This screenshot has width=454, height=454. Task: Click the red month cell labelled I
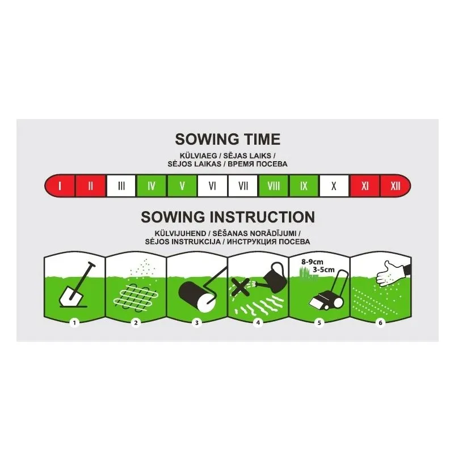(x=60, y=186)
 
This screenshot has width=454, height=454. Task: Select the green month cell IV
(x=152, y=186)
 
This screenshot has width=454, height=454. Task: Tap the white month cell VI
(x=212, y=186)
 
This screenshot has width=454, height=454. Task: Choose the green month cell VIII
(x=274, y=186)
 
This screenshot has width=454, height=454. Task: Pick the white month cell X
(x=334, y=186)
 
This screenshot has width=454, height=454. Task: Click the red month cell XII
(x=396, y=186)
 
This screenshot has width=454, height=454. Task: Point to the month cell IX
(x=304, y=186)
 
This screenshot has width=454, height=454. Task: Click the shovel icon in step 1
(x=77, y=285)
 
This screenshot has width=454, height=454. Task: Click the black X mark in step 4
(x=240, y=287)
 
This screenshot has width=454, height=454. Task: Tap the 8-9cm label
(x=313, y=262)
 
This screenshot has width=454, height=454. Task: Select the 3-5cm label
(x=323, y=270)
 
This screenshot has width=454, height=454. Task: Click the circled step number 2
(x=136, y=322)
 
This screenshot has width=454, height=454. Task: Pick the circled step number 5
(x=320, y=322)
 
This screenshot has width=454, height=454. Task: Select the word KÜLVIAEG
(x=198, y=155)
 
